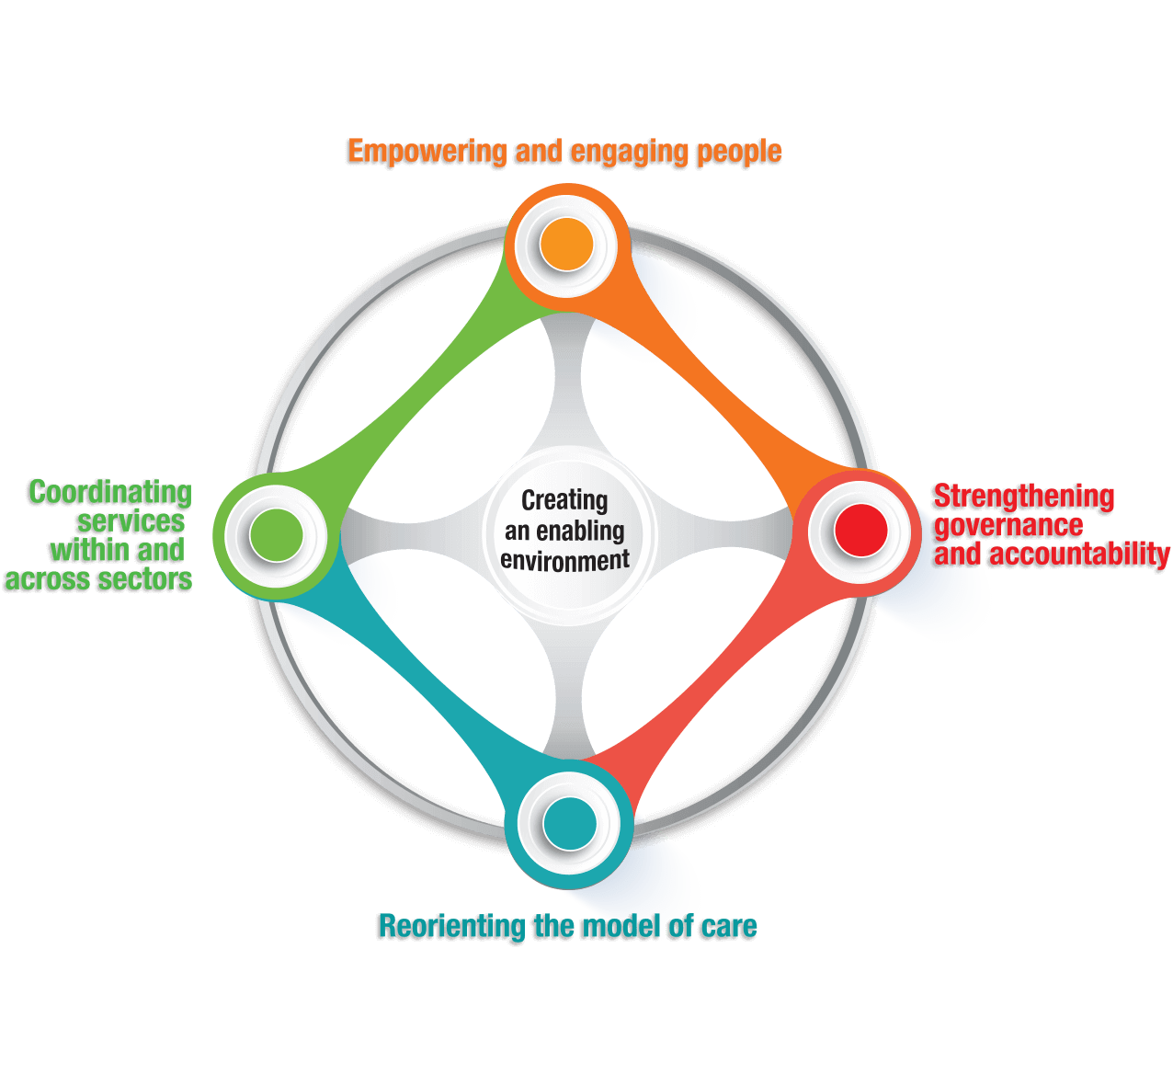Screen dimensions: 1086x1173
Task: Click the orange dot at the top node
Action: click(x=566, y=245)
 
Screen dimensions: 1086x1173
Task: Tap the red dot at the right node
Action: click(x=860, y=530)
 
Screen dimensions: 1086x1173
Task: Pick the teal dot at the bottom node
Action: click(x=570, y=824)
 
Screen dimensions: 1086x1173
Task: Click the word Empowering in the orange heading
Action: click(x=427, y=152)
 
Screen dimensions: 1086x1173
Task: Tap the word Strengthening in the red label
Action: click(x=1023, y=497)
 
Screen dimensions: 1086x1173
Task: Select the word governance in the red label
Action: click(x=1008, y=526)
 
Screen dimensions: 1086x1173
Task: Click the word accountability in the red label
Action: click(x=1079, y=554)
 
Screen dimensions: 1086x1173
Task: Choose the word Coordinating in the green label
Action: click(x=110, y=493)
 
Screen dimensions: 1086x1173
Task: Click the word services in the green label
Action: click(x=131, y=521)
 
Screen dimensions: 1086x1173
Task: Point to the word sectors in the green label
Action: click(x=148, y=579)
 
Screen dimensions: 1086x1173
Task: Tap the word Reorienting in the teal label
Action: click(x=451, y=926)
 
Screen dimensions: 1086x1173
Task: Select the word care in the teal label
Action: click(x=729, y=926)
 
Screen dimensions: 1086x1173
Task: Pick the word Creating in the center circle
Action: click(x=564, y=500)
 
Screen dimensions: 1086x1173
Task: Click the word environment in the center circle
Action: click(x=565, y=560)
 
